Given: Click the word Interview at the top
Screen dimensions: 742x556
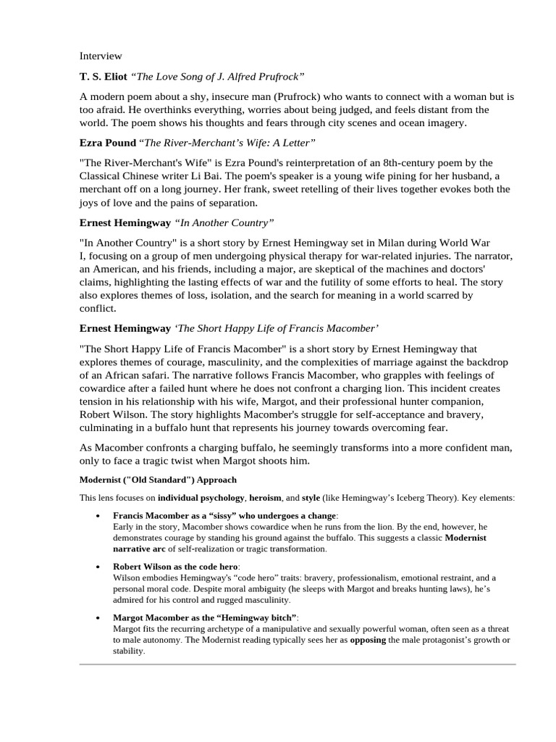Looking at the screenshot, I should tap(101, 56).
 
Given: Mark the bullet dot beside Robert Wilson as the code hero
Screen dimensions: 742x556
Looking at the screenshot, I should tap(98, 567).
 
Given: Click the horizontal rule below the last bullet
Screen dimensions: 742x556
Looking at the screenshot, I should tap(297, 664).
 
